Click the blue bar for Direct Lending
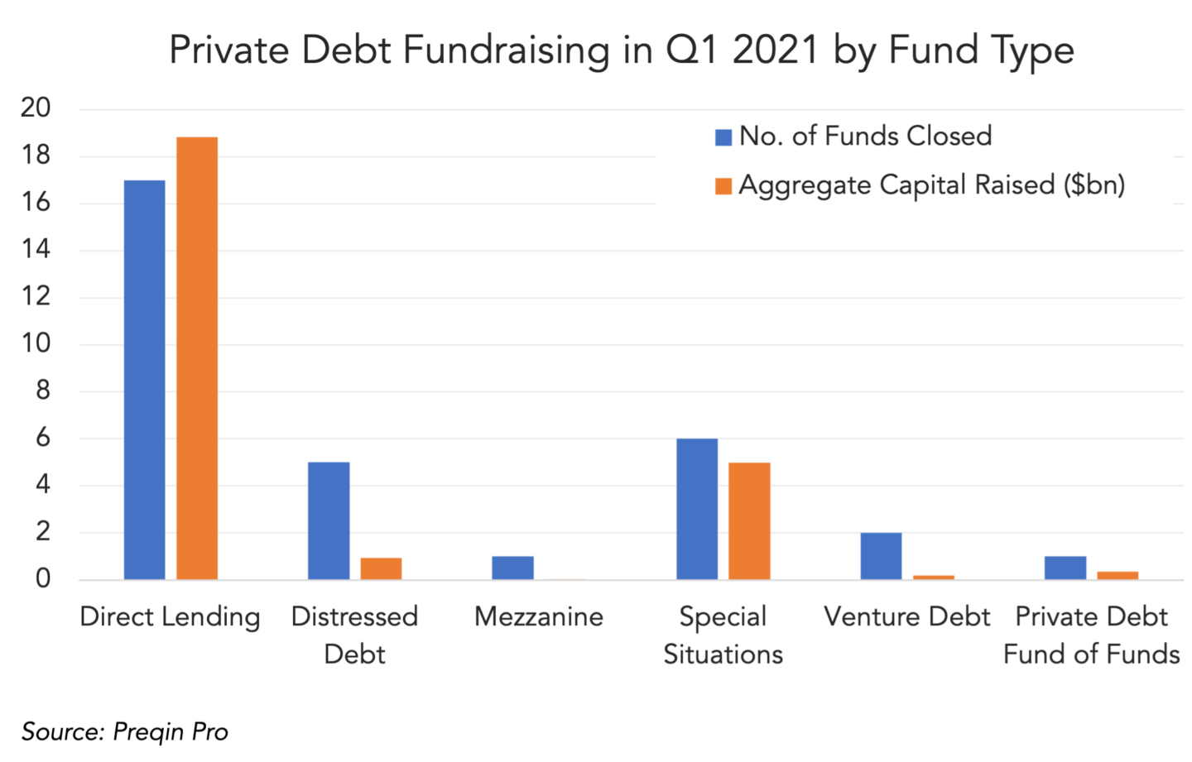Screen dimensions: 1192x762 (144, 380)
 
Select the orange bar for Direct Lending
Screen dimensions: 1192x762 (197, 358)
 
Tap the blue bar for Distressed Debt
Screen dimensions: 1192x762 (329, 520)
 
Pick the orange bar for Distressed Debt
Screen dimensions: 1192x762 (381, 568)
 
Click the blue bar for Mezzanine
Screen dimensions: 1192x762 (512, 568)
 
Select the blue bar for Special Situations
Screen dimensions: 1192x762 (697, 509)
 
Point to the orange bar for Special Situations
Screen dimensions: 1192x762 (749, 521)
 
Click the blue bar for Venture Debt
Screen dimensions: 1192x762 (882, 556)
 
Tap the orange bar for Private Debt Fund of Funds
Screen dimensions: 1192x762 (1117, 575)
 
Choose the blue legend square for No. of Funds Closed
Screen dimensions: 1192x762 (723, 137)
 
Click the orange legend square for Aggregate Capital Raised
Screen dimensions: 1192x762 (723, 186)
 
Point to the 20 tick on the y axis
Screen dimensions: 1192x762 (36, 108)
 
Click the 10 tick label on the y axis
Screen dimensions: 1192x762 (36, 343)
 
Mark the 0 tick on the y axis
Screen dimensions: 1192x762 (43, 578)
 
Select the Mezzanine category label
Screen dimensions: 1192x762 (539, 617)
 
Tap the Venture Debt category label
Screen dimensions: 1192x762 (906, 617)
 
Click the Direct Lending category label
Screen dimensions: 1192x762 (170, 618)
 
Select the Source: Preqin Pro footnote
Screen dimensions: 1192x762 (125, 731)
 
